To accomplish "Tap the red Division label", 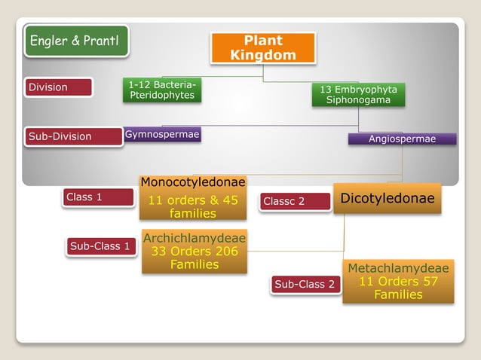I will (x=58, y=87).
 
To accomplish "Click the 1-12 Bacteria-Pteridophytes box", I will (x=161, y=90).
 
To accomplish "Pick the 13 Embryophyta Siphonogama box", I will (x=358, y=94).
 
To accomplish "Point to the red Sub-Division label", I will (x=72, y=136).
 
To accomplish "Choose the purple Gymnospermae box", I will (x=162, y=135).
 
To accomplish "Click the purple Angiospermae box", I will (x=402, y=139).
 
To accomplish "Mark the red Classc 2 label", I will (x=295, y=201).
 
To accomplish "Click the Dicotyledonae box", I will (x=388, y=198).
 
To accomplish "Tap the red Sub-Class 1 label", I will (x=100, y=246).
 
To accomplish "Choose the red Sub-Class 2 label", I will (x=305, y=284).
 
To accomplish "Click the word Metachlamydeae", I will (x=398, y=268).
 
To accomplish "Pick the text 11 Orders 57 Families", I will (x=398, y=288).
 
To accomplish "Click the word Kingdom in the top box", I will (x=262, y=55).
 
